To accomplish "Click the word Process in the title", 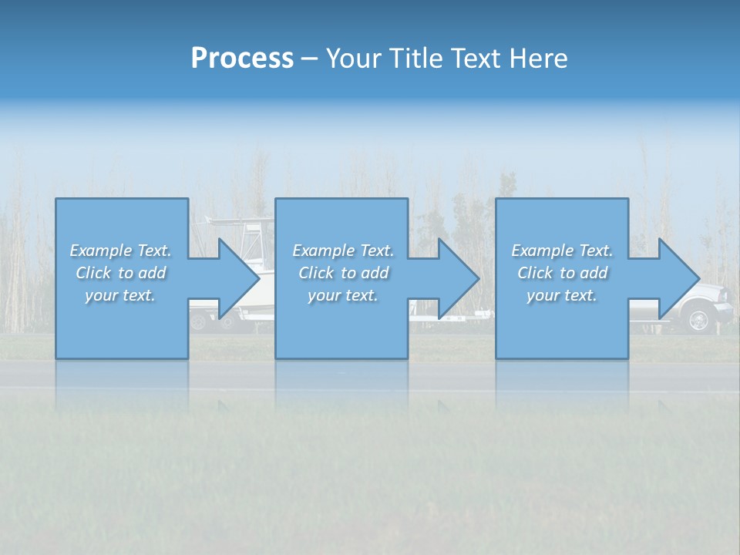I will click(242, 59).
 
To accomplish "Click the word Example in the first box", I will click(101, 251).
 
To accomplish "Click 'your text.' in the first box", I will click(120, 295).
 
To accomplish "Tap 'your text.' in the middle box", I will click(343, 295).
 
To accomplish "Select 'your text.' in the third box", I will click(562, 295).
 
